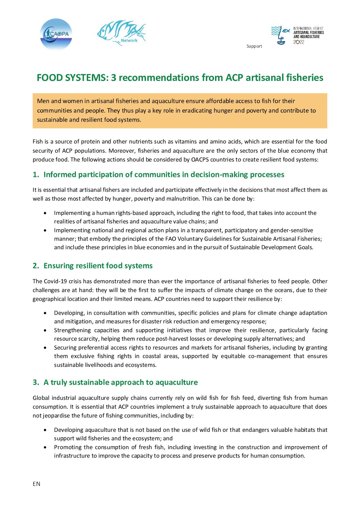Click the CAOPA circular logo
tap(56, 34)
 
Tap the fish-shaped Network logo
tap(122, 33)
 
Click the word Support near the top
tap(254, 46)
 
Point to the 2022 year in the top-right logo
tap(299, 42)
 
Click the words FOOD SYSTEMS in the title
tap(72, 78)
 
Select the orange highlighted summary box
tap(180, 111)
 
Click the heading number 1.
tap(35, 175)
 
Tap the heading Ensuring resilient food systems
tap(98, 266)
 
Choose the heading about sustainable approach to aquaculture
tap(120, 383)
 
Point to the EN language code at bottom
tap(36, 484)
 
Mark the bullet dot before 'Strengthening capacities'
tap(45, 330)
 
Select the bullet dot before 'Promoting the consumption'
tap(45, 447)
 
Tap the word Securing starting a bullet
tap(65, 348)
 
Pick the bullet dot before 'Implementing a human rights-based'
tap(45, 213)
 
